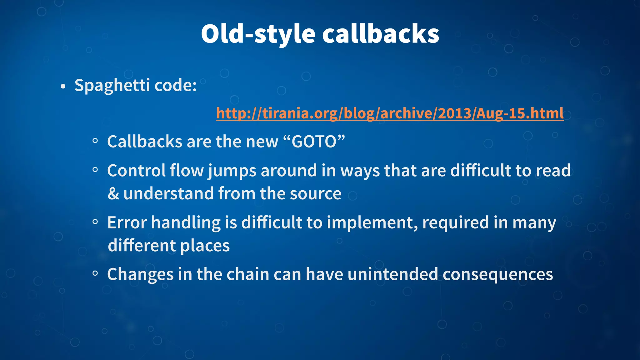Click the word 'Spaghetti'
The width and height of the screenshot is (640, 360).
pyautogui.click(x=112, y=86)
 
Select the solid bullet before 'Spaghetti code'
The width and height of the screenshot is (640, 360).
pyautogui.click(x=63, y=87)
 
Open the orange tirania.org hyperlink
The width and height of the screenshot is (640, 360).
pyautogui.click(x=390, y=113)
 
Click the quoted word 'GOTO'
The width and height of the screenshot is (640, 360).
pyautogui.click(x=314, y=142)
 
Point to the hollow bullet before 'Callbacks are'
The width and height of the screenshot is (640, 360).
pyautogui.click(x=95, y=141)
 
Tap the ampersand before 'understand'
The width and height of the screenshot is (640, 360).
pyautogui.click(x=113, y=194)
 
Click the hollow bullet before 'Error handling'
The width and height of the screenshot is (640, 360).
pyautogui.click(x=95, y=222)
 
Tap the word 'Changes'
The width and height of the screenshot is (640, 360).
pyautogui.click(x=140, y=274)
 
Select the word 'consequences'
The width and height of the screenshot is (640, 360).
pyautogui.click(x=497, y=274)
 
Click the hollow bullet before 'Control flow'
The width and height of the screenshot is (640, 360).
pyautogui.click(x=95, y=170)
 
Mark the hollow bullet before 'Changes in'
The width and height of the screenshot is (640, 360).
pyautogui.click(x=95, y=274)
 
